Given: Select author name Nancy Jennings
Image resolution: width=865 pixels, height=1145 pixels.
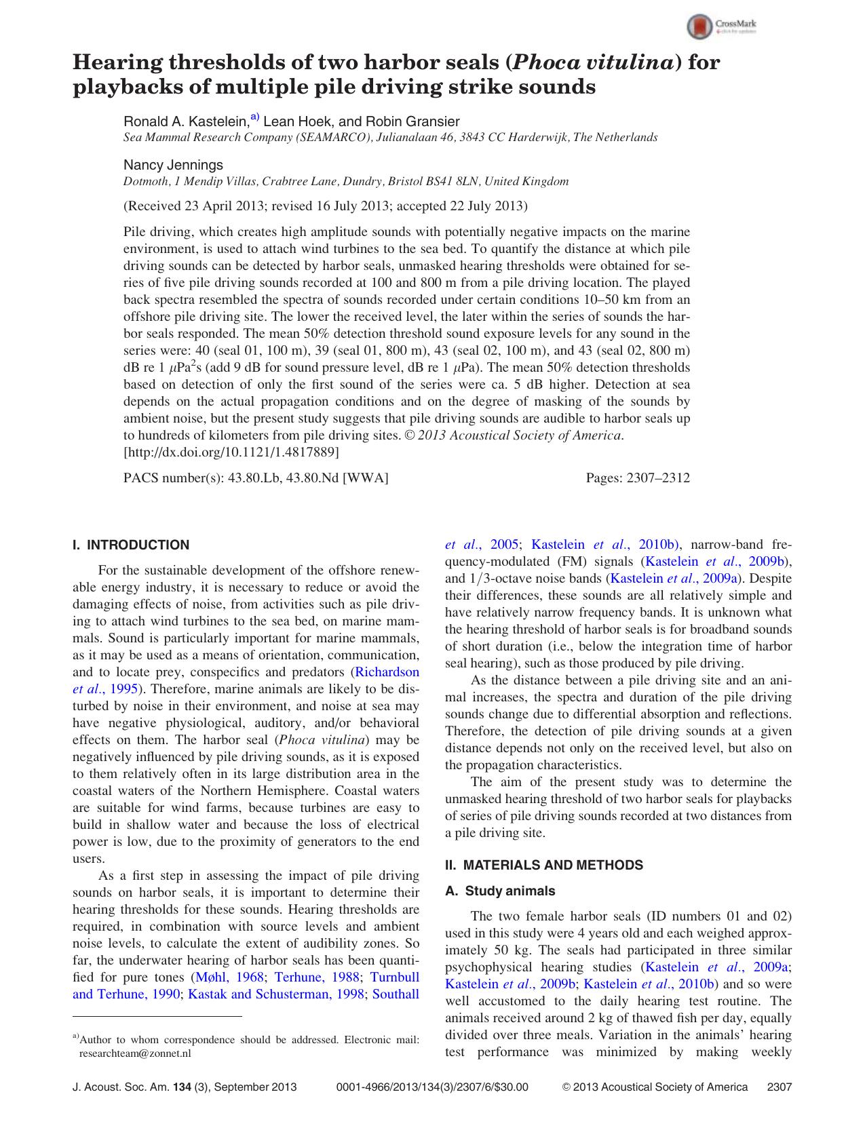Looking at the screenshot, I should pos(173,165).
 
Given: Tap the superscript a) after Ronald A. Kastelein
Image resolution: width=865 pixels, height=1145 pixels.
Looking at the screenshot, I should pos(254,117).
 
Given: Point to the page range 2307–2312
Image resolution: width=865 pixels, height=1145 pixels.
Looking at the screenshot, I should pos(661,478).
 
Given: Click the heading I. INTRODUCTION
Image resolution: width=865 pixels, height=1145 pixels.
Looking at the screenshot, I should pos(131,545).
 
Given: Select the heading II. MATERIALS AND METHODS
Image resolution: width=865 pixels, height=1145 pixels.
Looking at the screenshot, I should pos(543,865).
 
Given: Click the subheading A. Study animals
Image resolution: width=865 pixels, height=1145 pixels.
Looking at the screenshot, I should pos(499,891).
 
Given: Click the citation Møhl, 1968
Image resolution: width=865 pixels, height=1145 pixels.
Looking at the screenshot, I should pos(229,977).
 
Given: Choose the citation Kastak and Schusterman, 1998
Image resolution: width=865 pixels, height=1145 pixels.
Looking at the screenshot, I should pos(276,994).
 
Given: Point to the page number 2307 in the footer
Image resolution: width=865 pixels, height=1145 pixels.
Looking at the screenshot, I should pos(779,1087).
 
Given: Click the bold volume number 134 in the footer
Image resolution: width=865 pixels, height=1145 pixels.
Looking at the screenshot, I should pos(182,1087).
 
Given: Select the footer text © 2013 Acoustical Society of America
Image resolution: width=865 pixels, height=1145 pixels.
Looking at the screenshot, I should pos(655,1087).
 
